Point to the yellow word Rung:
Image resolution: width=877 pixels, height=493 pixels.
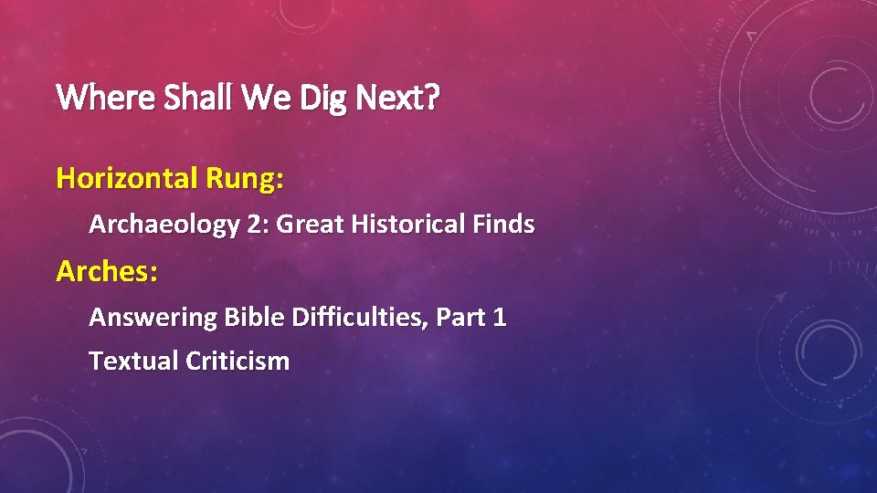245,178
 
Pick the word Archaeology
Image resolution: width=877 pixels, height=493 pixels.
164,225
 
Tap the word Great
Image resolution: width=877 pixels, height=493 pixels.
309,225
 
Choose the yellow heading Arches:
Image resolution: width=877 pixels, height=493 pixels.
106,271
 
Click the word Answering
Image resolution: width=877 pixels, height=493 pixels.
140,318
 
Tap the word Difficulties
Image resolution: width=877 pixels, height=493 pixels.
359,318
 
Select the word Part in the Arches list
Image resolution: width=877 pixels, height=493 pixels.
460,318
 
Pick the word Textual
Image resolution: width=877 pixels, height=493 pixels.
134,361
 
